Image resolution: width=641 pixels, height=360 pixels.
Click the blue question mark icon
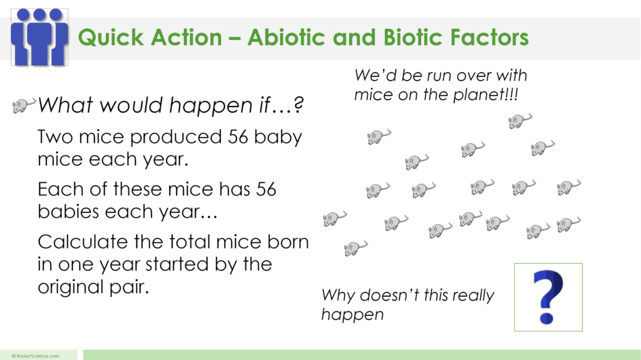pyautogui.click(x=548, y=297)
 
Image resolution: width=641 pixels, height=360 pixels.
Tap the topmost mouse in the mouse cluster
pyautogui.click(x=520, y=120)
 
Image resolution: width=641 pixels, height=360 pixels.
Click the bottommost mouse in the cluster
pyautogui.click(x=356, y=249)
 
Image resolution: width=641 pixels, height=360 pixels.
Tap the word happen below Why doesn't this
pyautogui.click(x=352, y=314)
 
